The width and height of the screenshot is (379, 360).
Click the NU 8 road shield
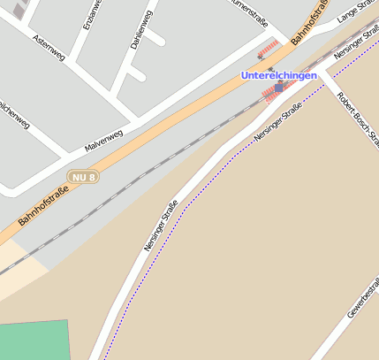pyautogui.click(x=83, y=178)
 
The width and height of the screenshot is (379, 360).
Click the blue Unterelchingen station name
pyautogui.click(x=279, y=75)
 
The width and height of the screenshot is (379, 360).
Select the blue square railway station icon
pyautogui.click(x=279, y=88)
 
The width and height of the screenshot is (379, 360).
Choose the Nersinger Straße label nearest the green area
pyautogui.click(x=161, y=225)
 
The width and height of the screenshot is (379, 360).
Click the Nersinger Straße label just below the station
pyautogui.click(x=278, y=122)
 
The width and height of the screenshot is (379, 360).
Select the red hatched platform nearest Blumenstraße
pyautogui.click(x=268, y=49)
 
